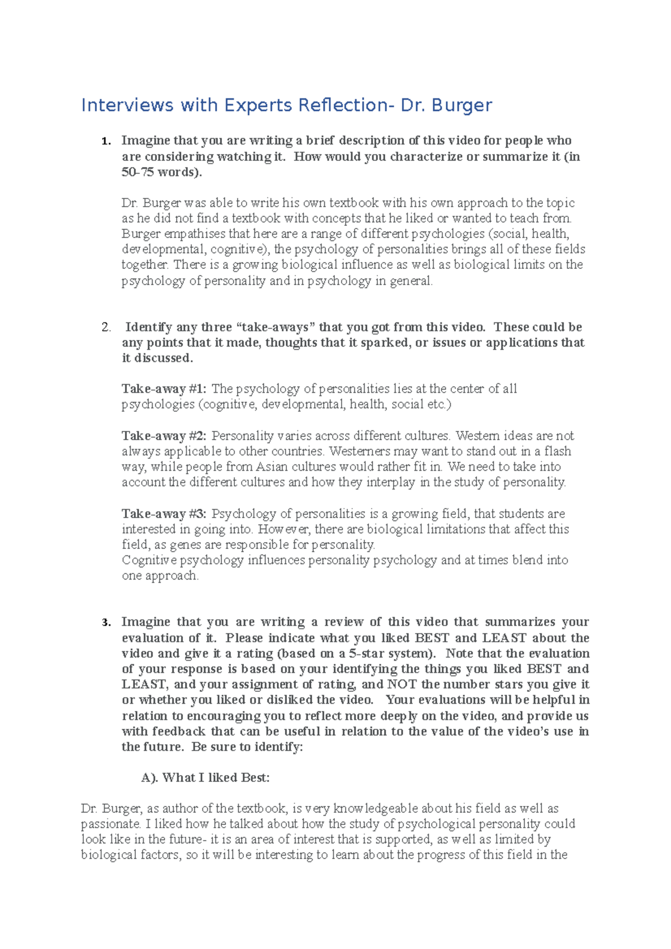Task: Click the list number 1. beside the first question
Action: (x=106, y=141)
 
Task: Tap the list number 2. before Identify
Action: (x=106, y=328)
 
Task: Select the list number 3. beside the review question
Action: (x=106, y=623)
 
